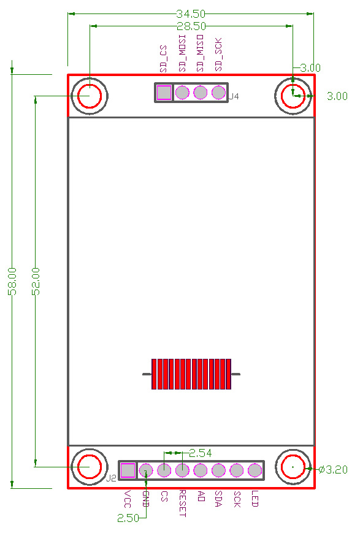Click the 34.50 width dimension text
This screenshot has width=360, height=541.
191,13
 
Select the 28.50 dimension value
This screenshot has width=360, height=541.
191,26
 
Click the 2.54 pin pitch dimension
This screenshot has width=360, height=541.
201,453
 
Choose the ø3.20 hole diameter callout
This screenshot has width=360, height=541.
334,470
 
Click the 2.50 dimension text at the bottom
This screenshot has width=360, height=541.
128,518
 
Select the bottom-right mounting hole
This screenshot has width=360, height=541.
293,467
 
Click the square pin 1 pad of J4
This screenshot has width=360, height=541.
164,93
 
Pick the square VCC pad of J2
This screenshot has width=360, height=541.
128,470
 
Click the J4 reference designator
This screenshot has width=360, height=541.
234,97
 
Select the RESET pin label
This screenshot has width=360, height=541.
182,503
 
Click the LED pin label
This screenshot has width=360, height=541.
255,498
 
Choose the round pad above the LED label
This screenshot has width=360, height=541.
255,470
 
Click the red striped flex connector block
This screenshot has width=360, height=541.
191,374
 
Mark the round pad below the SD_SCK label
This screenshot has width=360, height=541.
218,93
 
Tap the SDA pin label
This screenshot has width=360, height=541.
218,497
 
